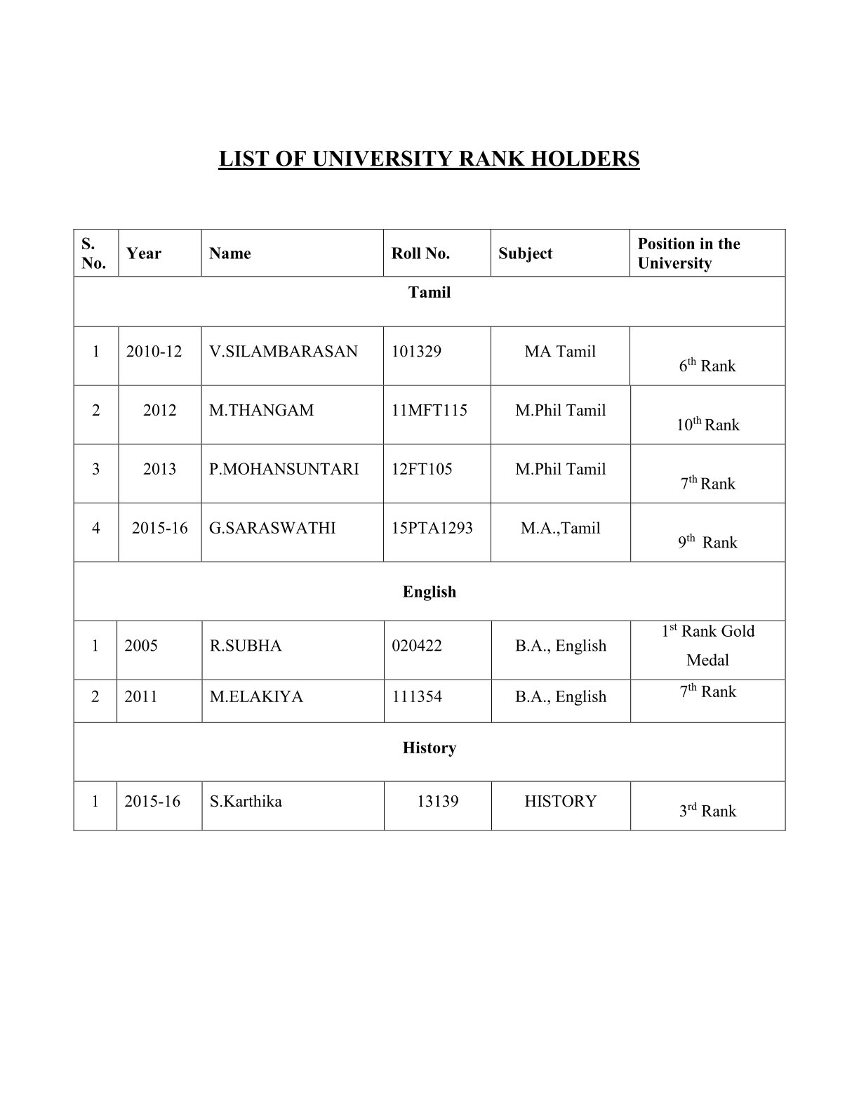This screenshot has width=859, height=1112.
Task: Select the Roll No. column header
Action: coord(420,253)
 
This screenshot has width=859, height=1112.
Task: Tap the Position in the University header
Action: coord(688,253)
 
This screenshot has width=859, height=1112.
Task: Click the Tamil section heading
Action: coord(429,292)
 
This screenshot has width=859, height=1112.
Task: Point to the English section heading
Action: coord(429,592)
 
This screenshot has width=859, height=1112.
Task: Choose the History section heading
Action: coord(429,748)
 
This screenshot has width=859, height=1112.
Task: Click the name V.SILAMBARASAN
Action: coord(283,351)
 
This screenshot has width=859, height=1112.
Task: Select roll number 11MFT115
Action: coord(429,410)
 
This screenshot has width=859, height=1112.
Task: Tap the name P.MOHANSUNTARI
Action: coord(284,469)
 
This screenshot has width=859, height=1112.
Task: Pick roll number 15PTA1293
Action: coord(432,528)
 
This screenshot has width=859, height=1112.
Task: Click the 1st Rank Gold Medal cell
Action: coord(707,645)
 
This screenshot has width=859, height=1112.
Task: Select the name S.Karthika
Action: coord(246,801)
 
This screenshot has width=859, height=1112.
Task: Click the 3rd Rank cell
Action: coord(707,811)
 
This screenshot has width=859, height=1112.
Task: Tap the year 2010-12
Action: coord(154,351)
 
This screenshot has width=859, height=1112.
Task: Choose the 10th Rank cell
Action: coord(707,425)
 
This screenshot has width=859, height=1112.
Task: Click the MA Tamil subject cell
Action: coord(560,351)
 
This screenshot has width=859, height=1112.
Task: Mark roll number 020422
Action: coord(417,645)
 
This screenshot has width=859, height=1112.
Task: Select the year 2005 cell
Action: coord(141,645)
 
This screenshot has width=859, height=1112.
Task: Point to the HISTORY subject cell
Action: coord(560,801)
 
